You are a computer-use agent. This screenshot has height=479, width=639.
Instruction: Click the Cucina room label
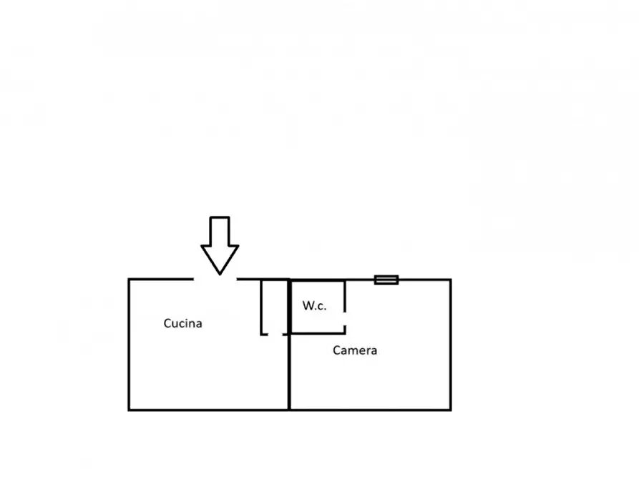pos(182,323)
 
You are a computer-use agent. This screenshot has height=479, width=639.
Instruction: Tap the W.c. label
pos(314,305)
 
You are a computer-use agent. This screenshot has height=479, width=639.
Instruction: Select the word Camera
pos(354,350)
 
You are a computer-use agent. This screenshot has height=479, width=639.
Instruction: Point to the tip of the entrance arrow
pos(220,275)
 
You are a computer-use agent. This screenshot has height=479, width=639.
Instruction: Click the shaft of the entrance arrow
pos(220,232)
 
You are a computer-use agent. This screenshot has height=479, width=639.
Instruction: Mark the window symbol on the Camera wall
pos(386,280)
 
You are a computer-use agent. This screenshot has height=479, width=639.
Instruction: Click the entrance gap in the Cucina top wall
pos(215,280)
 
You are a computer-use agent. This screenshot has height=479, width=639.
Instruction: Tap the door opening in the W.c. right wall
pos(345,319)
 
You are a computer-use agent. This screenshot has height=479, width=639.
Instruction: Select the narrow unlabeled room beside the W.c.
pos(274,307)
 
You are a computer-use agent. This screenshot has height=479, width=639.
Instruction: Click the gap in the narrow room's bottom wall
pos(275,335)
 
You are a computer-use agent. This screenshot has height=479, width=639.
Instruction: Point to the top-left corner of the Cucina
pos(129,280)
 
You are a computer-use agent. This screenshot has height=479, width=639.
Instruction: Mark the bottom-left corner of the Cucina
pos(129,410)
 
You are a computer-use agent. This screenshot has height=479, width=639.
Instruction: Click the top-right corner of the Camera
pos(451,280)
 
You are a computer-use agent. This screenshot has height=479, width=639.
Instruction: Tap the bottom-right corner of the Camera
pos(451,410)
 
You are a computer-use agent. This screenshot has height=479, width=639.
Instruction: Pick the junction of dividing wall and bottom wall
pos(289,410)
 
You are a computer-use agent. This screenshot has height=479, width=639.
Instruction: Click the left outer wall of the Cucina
pos(129,345)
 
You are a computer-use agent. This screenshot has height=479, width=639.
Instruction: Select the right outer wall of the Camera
pos(451,345)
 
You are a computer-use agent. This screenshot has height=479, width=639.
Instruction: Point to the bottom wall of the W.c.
pos(318,333)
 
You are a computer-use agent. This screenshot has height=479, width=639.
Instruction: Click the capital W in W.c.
pos(308,305)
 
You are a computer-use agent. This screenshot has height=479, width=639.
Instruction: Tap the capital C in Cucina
pos(167,323)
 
